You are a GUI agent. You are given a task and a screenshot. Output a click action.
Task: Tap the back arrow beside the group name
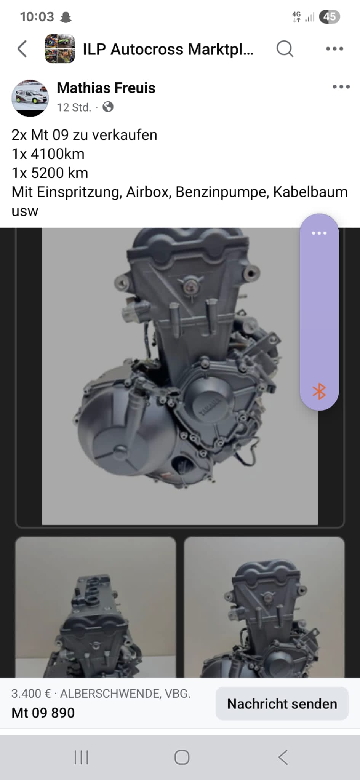[22, 49]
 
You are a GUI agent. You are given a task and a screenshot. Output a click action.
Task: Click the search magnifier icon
[285, 49]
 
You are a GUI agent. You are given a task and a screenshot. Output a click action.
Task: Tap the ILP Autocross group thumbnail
[59, 48]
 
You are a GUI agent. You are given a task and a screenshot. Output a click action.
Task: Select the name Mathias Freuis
[106, 88]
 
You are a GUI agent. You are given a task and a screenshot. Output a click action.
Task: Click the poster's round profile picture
[30, 98]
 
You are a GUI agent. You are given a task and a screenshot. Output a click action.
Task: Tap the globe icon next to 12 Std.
[108, 107]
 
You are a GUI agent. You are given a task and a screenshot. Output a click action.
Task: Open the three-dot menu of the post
[341, 87]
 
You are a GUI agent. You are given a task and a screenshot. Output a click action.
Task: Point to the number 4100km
[58, 154]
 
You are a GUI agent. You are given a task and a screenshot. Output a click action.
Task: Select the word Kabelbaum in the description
[310, 192]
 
